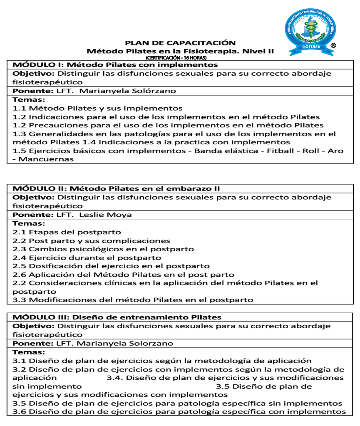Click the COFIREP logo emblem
click(x=310, y=28)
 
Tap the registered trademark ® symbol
click(x=333, y=45)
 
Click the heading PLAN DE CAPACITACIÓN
click(x=180, y=43)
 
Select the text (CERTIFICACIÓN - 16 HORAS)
click(x=180, y=57)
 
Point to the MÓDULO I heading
click(x=115, y=65)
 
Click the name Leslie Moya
click(x=105, y=215)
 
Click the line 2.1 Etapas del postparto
click(x=67, y=232)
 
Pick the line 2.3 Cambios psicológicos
click(x=103, y=249)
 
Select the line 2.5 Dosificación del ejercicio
click(x=111, y=266)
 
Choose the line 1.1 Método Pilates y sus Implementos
click(x=97, y=108)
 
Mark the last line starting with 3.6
click(x=179, y=412)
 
